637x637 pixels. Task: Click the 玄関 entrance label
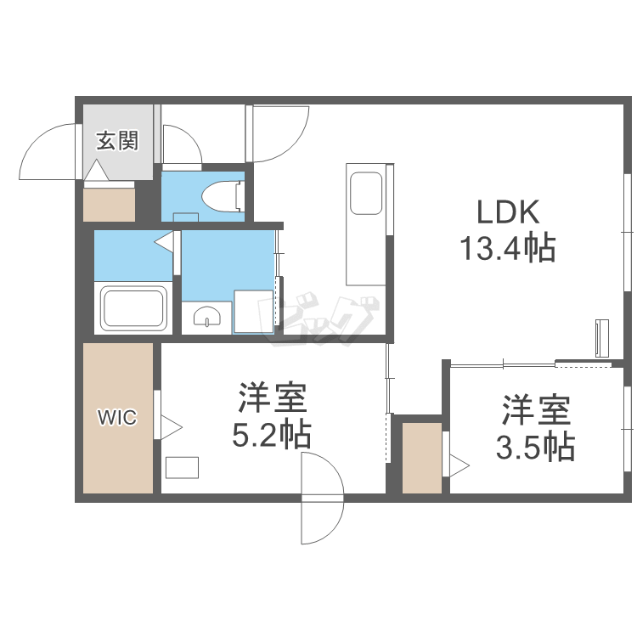tap(116, 141)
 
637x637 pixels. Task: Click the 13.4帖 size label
tap(507, 248)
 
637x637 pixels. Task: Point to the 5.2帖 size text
tap(272, 436)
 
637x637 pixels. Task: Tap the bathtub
tap(133, 308)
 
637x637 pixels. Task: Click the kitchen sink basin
tap(366, 194)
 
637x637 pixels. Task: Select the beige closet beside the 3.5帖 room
tap(421, 456)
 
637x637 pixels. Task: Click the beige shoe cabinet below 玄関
tap(109, 203)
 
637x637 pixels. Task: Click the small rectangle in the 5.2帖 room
tap(183, 468)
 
